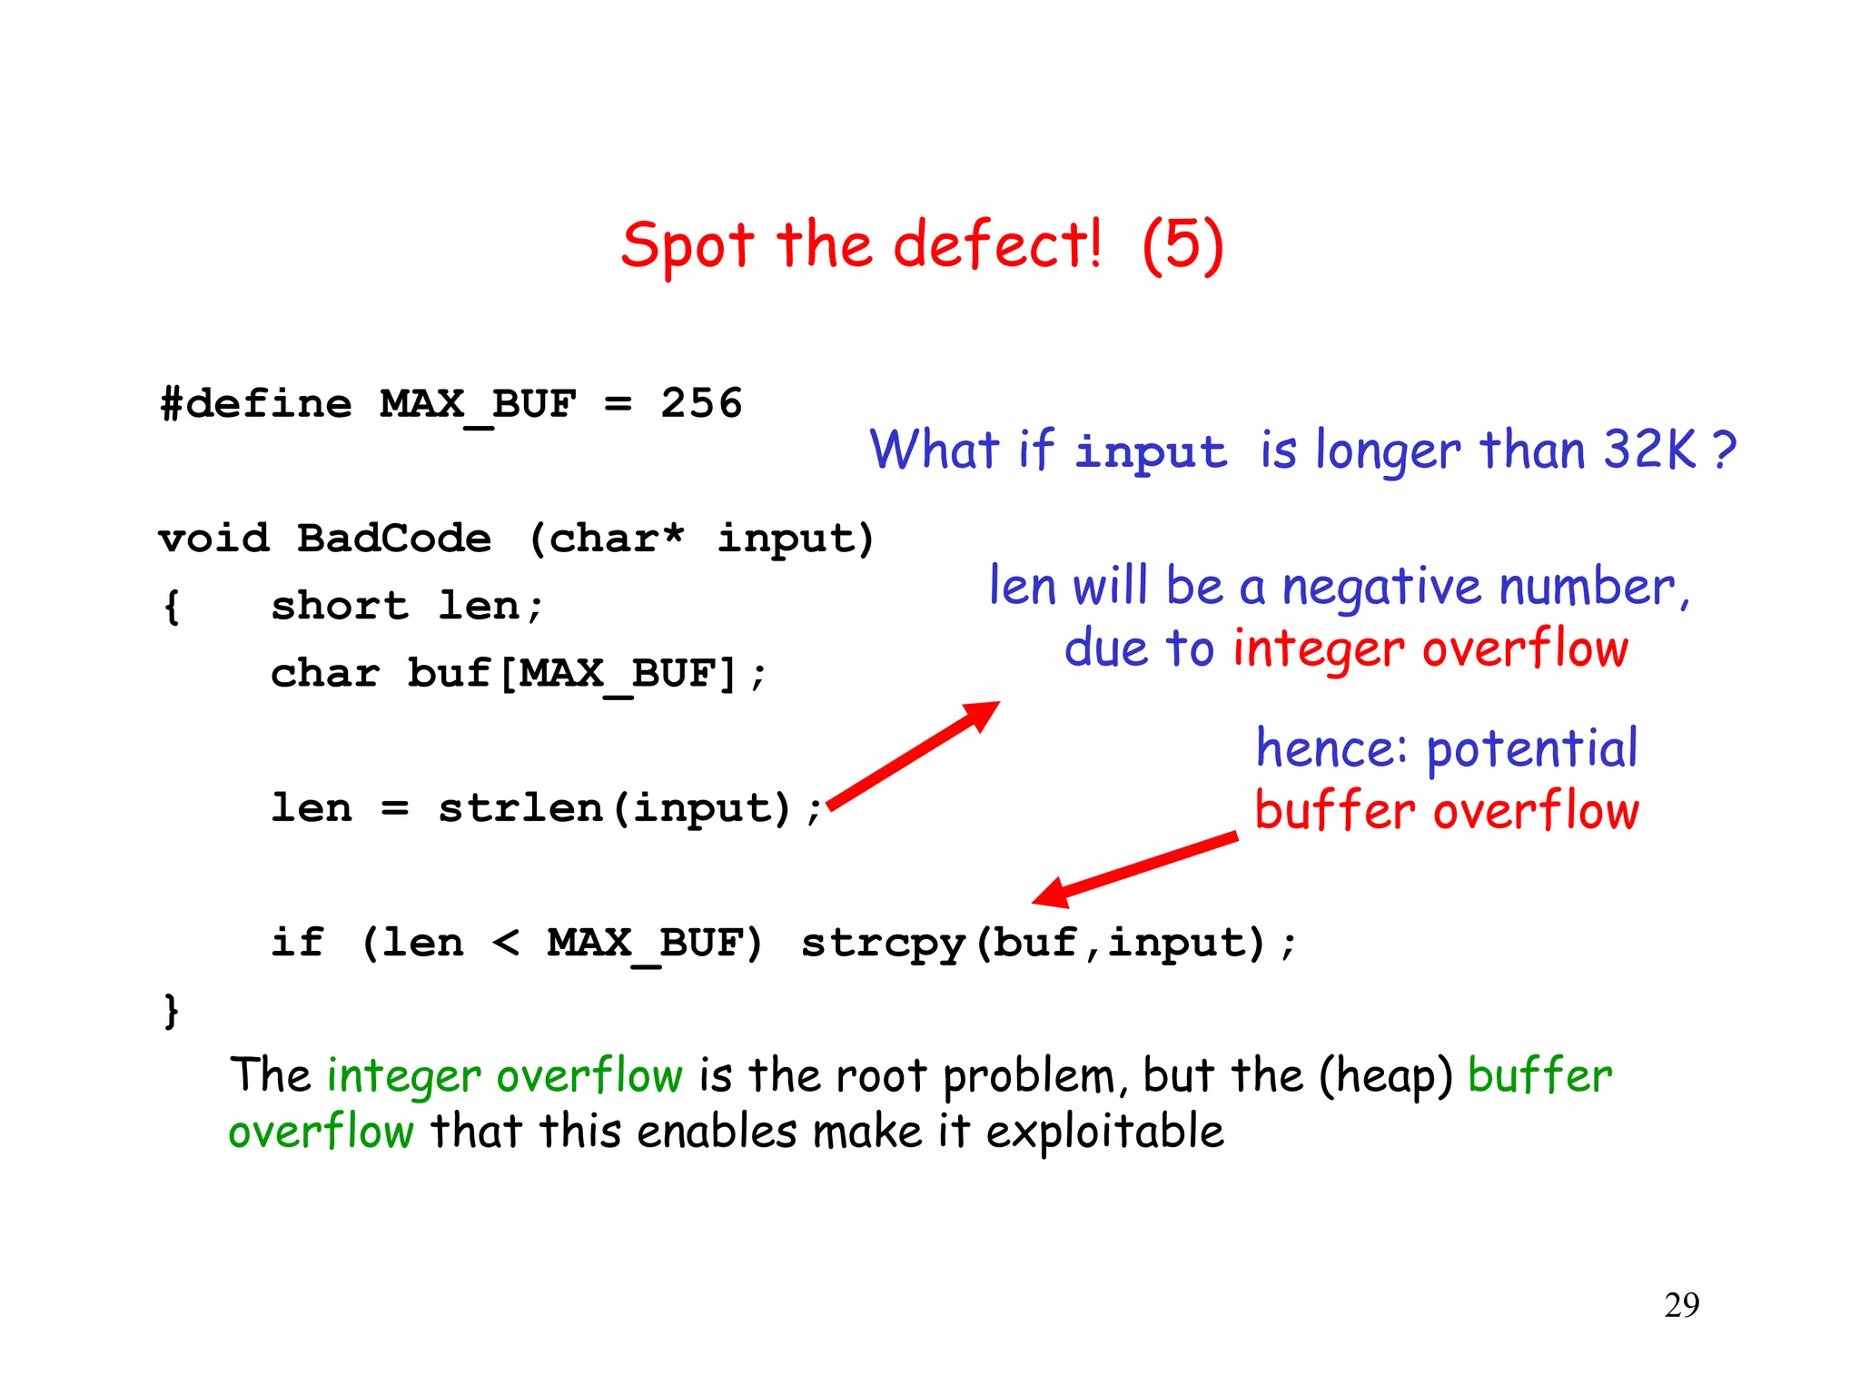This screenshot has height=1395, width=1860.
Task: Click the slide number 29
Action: [1682, 1305]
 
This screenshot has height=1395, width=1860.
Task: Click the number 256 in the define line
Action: [701, 402]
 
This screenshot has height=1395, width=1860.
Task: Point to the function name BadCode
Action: [394, 538]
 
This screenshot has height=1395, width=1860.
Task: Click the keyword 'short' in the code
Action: [340, 605]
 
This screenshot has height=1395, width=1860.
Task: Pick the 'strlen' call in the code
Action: [519, 807]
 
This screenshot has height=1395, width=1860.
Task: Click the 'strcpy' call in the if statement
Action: [883, 944]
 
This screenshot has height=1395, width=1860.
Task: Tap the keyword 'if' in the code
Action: [297, 942]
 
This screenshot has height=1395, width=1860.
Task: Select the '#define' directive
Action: [256, 402]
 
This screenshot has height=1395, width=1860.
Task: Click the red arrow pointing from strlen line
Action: [914, 754]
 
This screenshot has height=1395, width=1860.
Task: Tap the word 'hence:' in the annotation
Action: [1331, 748]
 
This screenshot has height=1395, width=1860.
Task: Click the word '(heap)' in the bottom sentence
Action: [1386, 1076]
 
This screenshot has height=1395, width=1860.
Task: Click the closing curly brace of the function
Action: [171, 1010]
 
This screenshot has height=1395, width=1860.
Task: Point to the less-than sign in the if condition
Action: [506, 944]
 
